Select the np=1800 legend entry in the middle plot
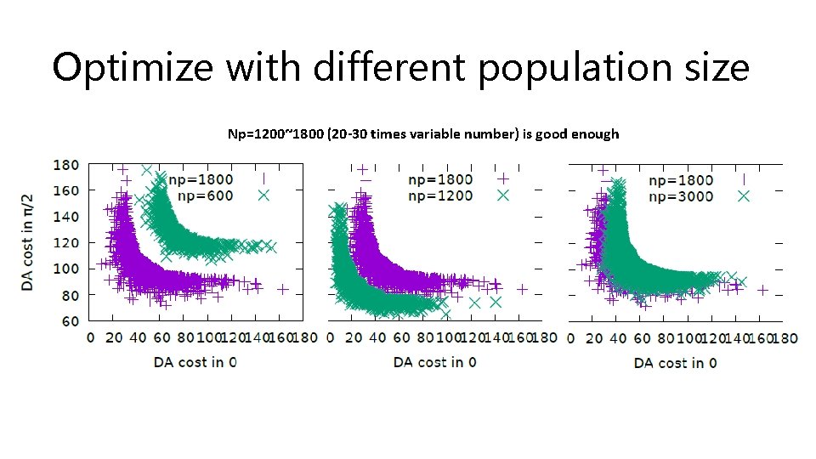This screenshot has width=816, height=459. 440,179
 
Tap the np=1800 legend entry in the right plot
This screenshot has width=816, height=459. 681,179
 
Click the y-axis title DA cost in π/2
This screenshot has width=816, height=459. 28,242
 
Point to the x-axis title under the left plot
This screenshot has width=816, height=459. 195,362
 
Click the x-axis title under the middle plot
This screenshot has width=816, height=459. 434,362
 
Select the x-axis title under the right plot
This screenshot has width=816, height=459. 675,362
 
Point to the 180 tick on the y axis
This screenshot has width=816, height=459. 66,164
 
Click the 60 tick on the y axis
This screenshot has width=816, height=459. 70,321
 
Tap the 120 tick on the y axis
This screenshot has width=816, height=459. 66,243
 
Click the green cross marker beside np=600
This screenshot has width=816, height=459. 263,196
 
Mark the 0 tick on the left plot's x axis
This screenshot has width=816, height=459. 91,337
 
